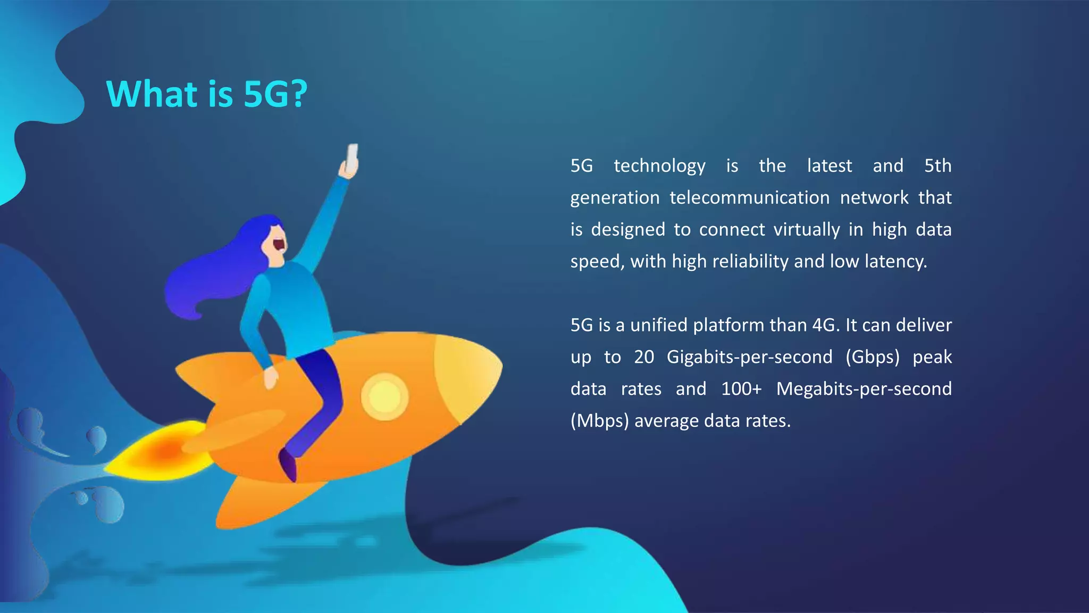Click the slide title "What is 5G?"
(207, 94)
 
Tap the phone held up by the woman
(352, 158)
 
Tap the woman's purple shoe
(288, 466)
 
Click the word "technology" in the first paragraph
(659, 166)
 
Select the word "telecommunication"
(749, 198)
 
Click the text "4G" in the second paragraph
(825, 325)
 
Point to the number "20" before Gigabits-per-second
(644, 357)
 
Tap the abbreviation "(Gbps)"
(872, 357)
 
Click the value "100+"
(741, 389)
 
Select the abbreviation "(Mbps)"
(599, 421)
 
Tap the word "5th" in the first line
(937, 166)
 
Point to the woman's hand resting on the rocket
(271, 378)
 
